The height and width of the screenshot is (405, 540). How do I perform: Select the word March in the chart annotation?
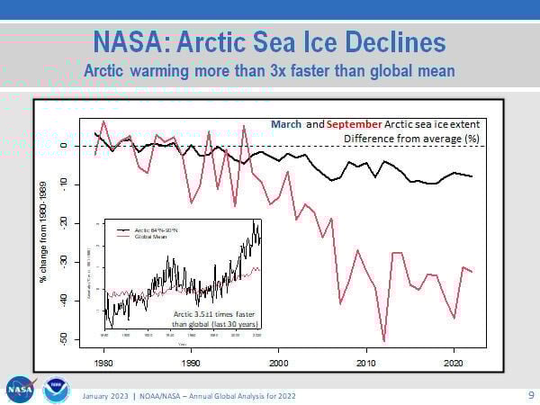[285, 123]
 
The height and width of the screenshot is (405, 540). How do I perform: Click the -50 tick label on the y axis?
[64, 338]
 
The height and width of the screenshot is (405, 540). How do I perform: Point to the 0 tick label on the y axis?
[64, 145]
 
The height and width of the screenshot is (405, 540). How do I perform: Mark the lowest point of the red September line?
[384, 341]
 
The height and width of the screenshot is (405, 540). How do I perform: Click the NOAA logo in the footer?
[56, 389]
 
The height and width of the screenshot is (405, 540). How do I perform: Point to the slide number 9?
[529, 394]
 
